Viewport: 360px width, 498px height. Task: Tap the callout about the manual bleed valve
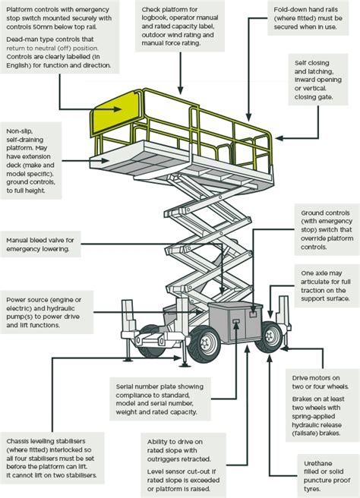40,244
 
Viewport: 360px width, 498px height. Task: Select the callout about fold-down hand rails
308,18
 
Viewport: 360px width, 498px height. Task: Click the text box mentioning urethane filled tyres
327,476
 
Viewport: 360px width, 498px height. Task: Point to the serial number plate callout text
160,399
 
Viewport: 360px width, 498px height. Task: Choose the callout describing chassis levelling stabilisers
52,458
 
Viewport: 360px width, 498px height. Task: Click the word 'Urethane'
317,463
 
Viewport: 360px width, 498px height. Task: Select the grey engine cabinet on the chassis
235,323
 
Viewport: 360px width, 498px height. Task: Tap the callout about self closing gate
318,80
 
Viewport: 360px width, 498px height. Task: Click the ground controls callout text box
327,229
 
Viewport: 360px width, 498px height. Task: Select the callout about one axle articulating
327,285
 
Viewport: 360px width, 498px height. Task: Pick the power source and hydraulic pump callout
46,312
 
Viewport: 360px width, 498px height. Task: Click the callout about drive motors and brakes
322,405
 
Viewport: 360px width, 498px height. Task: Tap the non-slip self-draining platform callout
31,161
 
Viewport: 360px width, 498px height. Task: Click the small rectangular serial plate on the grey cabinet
236,321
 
